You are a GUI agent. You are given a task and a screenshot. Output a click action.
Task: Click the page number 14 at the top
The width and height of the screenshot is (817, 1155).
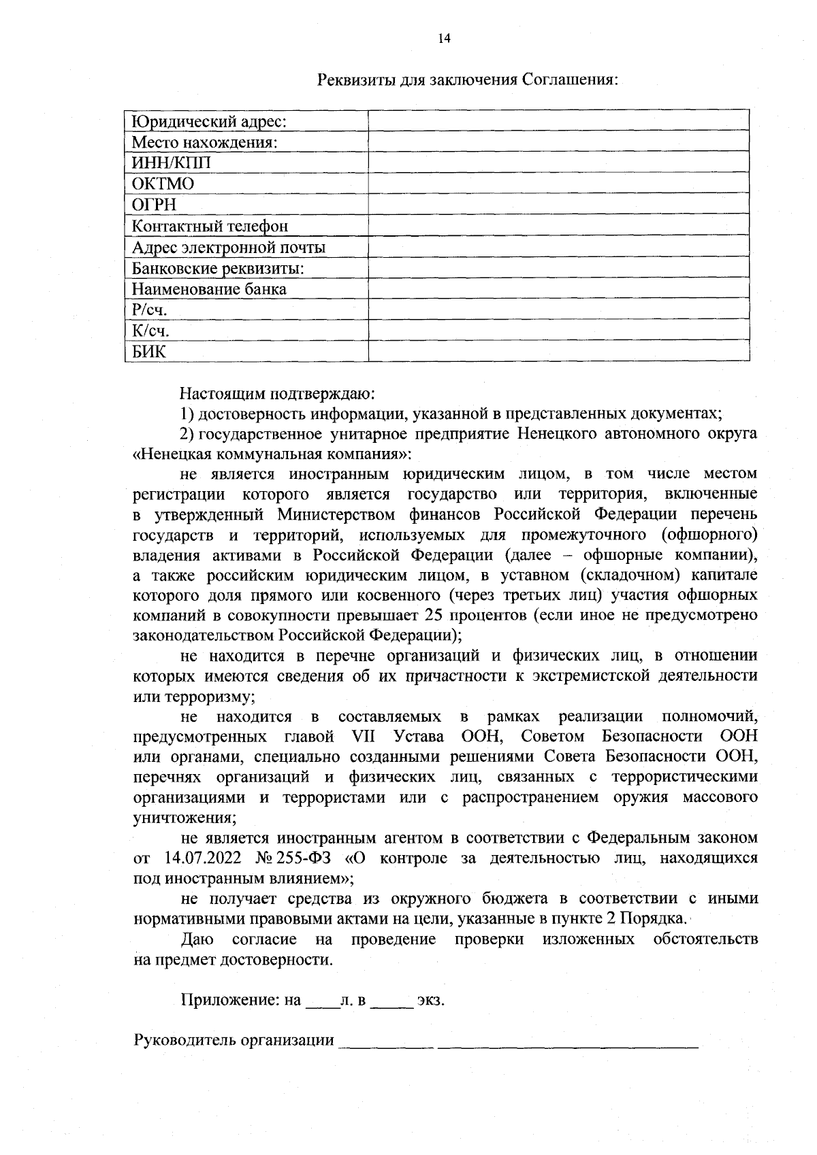[444, 39]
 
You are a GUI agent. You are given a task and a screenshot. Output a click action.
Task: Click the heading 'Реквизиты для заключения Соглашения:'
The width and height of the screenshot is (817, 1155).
[468, 80]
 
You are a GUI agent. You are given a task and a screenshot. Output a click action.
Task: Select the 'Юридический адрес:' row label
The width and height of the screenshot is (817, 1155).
[208, 122]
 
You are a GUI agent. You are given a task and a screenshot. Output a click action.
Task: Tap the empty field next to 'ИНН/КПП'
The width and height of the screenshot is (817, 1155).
[558, 163]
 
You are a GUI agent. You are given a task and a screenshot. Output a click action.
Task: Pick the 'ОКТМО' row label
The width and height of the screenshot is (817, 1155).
[163, 184]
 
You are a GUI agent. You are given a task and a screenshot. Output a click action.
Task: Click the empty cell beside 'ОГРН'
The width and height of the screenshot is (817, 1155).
[558, 205]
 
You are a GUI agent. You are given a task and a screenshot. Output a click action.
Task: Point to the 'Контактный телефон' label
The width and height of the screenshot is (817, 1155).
[210, 226]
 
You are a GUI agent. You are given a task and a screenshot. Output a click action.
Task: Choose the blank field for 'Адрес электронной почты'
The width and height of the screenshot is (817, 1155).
[558, 247]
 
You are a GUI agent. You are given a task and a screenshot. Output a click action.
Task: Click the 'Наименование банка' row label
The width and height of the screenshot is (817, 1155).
[209, 289]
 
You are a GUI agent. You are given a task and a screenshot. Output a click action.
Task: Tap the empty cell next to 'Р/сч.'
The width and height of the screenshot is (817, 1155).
[558, 310]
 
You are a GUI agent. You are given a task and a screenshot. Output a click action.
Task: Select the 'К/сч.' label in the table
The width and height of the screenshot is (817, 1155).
[150, 331]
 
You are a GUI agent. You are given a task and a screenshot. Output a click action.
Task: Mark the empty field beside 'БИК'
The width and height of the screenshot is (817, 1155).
[558, 352]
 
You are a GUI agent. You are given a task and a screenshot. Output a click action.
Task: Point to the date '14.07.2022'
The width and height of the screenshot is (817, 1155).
[204, 858]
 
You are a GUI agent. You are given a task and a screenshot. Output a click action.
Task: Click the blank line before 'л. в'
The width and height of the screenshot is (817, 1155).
[323, 1001]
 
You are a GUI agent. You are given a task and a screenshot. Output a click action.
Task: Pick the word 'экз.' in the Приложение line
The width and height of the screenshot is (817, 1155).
[430, 1001]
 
